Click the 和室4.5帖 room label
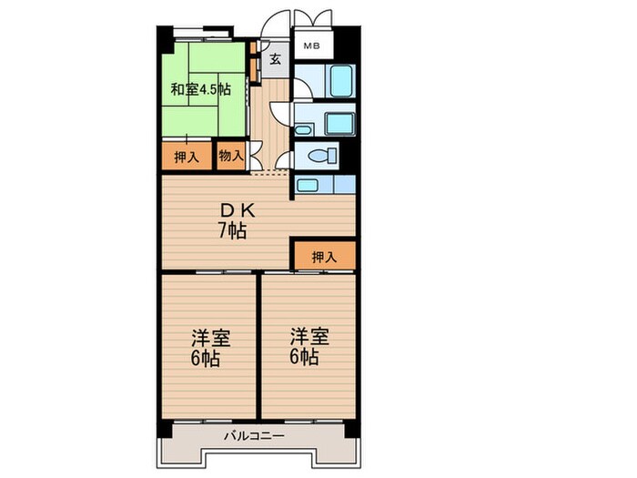tap(199, 89)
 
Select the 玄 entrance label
tap(275, 60)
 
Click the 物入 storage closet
tap(230, 156)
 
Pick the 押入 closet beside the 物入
tap(187, 157)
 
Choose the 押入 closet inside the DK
tap(323, 257)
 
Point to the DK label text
tap(231, 210)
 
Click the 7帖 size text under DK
tap(231, 231)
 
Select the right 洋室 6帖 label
tap(304, 345)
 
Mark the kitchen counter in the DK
tap(323, 186)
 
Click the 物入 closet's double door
tap(254, 155)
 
